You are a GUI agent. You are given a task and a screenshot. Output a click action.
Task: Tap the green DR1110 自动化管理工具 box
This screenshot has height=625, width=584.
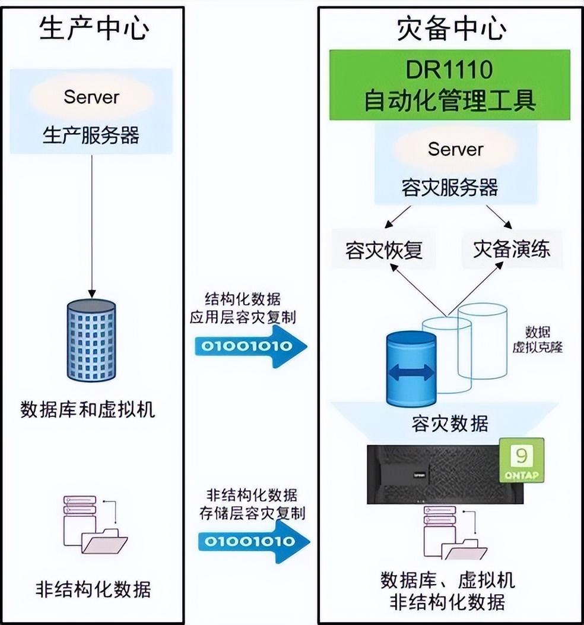click(449, 84)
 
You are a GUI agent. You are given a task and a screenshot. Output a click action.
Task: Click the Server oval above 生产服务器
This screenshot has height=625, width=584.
click(91, 96)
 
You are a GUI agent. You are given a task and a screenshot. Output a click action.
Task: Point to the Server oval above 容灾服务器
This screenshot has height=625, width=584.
click(455, 149)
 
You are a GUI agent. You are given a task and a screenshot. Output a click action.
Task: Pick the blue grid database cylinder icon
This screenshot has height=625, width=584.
click(91, 340)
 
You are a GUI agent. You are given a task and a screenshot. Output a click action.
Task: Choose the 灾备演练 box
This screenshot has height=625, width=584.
click(511, 248)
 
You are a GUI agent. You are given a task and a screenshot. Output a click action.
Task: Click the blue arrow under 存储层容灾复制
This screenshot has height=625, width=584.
click(252, 541)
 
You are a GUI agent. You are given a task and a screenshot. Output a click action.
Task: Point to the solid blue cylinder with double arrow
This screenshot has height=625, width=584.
click(411, 370)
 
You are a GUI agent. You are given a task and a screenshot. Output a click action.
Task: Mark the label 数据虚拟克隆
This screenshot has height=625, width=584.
click(537, 339)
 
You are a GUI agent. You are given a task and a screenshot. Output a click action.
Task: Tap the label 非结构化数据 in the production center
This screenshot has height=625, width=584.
click(93, 589)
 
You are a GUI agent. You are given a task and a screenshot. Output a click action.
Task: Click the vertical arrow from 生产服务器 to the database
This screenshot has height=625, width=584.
click(91, 226)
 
